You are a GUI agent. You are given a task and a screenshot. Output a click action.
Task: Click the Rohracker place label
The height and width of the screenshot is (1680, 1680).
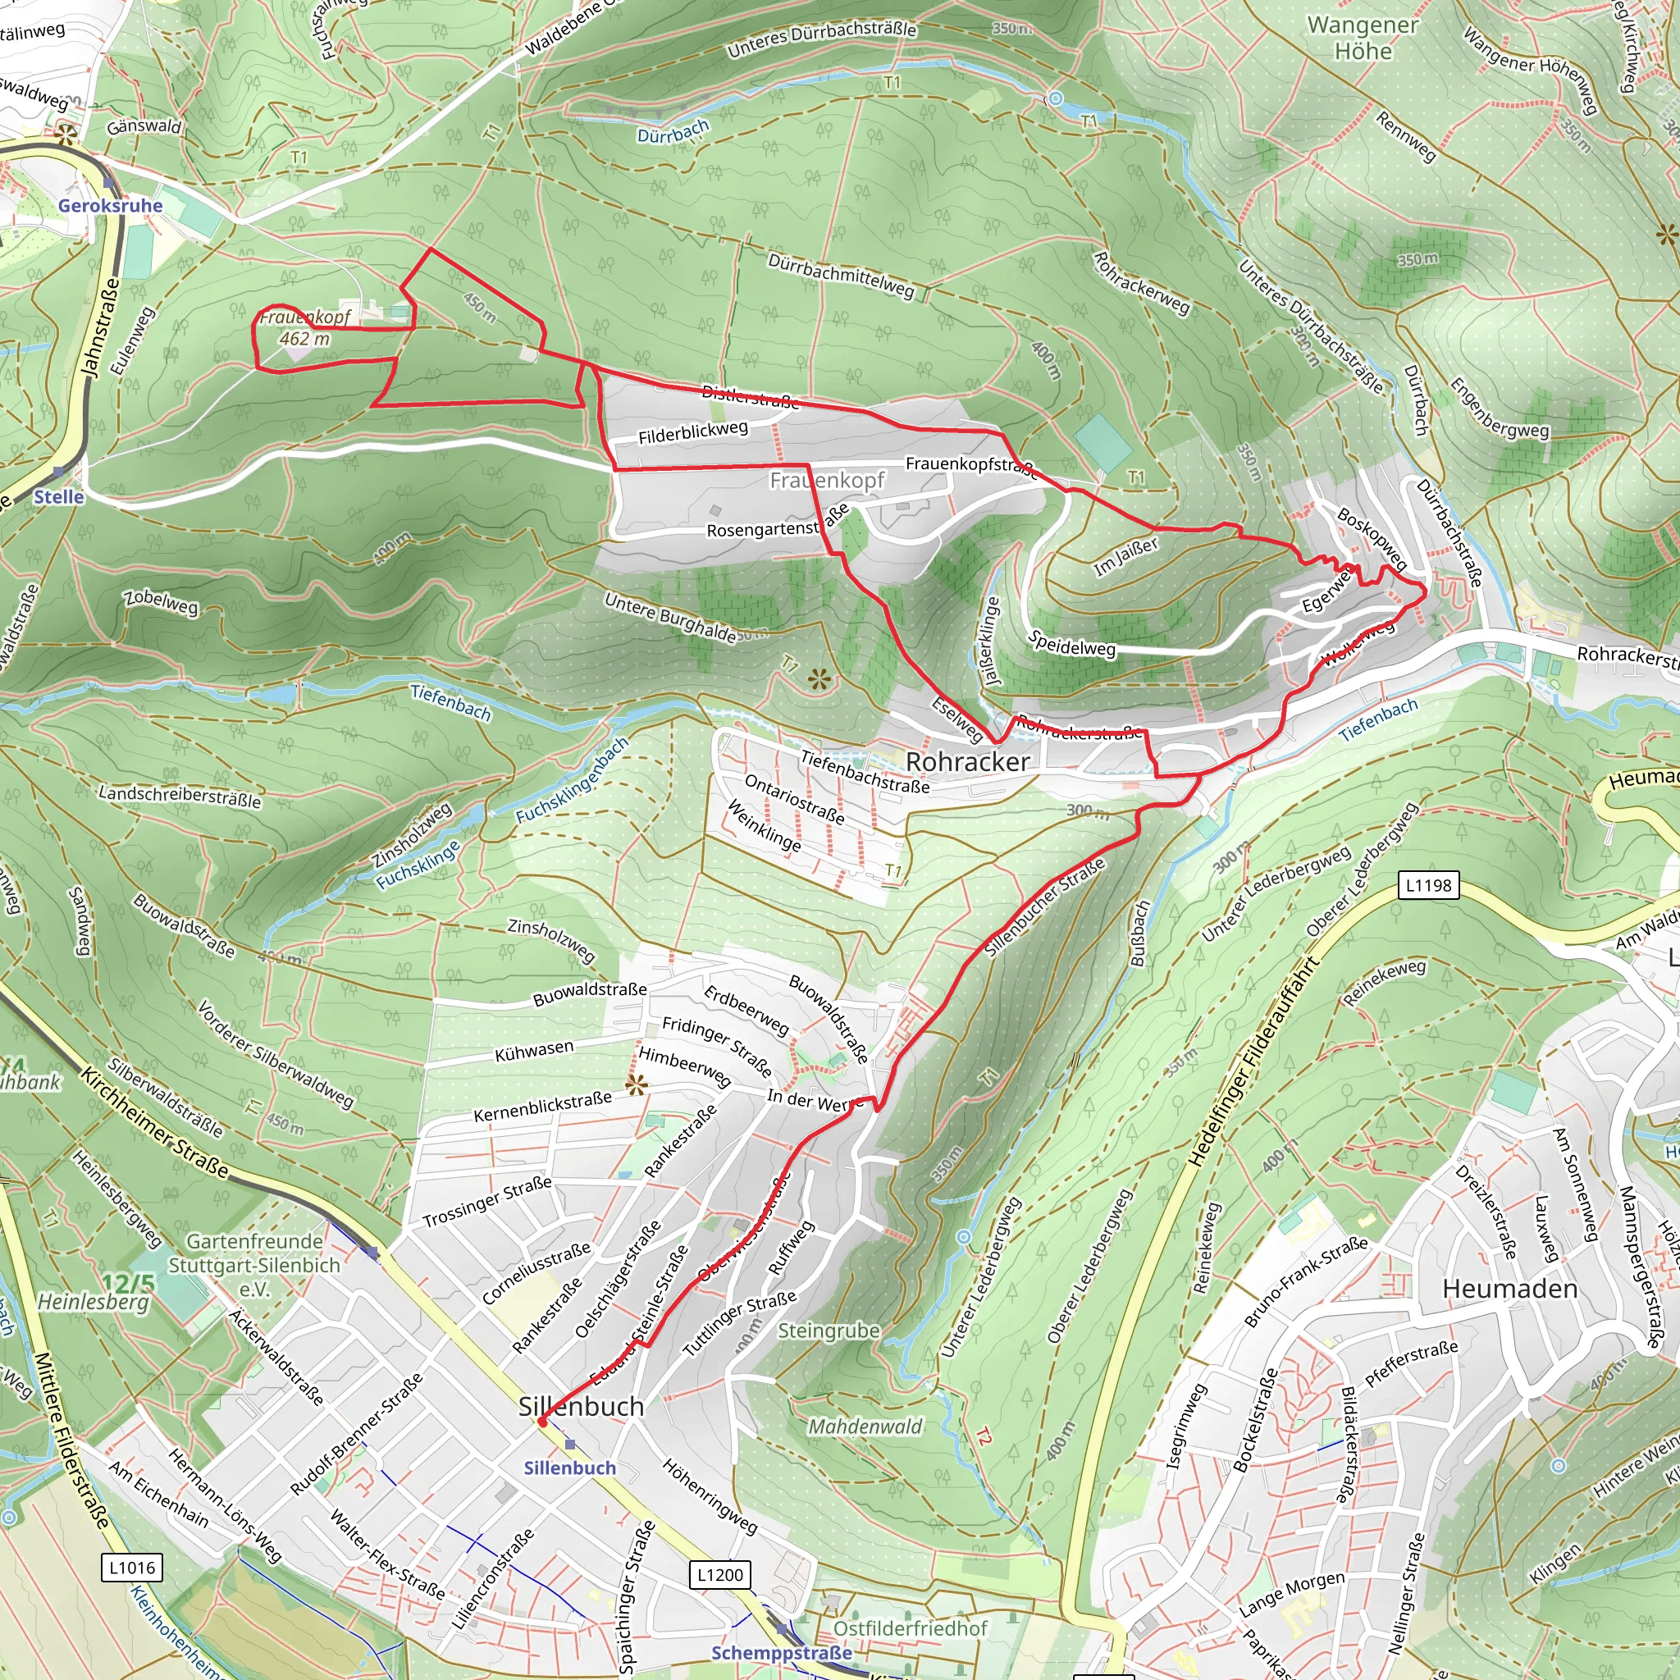tap(967, 762)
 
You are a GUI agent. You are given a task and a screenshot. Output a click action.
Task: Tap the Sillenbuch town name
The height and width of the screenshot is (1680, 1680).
tap(581, 1406)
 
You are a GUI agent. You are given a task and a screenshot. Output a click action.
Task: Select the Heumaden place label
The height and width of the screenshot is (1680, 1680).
tap(1509, 1289)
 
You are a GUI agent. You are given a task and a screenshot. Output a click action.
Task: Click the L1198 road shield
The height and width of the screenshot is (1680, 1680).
tap(1429, 885)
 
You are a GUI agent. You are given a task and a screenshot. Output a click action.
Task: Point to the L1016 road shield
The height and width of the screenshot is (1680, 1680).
tap(132, 1568)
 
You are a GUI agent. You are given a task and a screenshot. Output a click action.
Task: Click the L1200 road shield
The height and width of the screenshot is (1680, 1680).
tap(720, 1575)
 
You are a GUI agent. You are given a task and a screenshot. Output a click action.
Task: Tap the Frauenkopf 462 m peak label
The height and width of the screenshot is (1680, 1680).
tap(304, 328)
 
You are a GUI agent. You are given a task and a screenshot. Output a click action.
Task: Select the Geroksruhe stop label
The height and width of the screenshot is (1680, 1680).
tap(111, 206)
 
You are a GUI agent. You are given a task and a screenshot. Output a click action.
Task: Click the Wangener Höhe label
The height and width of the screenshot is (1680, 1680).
tap(1363, 39)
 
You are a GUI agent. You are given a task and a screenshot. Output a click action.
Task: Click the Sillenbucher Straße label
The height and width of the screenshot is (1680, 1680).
tap(1044, 906)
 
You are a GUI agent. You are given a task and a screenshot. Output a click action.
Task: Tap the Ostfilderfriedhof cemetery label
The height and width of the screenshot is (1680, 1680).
tap(910, 1627)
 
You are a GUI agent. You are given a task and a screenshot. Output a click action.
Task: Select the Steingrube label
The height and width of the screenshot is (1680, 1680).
tap(828, 1331)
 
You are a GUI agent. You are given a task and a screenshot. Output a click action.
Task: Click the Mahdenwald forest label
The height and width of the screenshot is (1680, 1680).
tap(865, 1426)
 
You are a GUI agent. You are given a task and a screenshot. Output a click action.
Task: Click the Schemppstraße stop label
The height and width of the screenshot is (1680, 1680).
tap(782, 1653)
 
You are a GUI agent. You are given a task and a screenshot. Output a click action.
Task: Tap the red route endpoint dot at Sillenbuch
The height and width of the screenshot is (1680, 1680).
tap(541, 1422)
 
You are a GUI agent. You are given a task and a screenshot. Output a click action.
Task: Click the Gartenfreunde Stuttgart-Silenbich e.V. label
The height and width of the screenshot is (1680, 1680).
tap(254, 1265)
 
